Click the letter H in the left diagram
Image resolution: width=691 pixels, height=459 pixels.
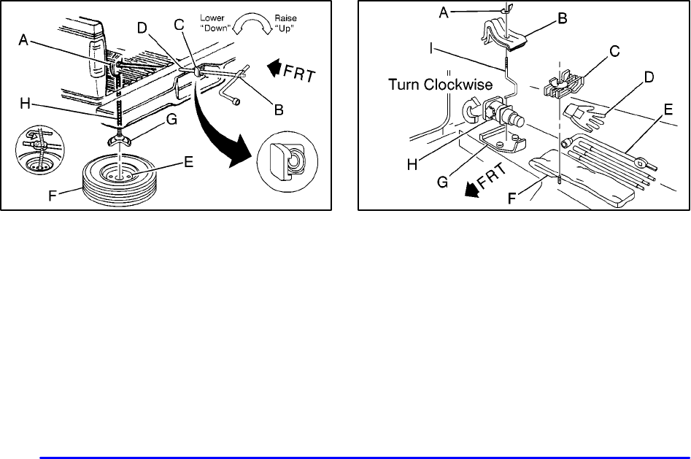25,104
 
